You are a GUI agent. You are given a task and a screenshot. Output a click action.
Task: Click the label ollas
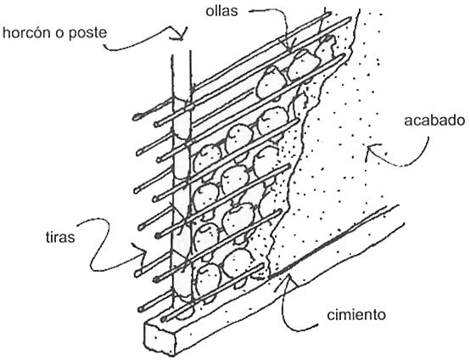[x=221, y=11]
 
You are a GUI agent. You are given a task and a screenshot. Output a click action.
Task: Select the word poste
[x=88, y=33]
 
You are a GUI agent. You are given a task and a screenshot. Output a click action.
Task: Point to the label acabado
[x=434, y=120]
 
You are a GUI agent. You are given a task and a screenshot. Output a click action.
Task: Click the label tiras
[x=60, y=237]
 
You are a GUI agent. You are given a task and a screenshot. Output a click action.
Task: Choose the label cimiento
[x=356, y=315]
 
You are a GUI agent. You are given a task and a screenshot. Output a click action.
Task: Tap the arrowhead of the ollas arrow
[x=288, y=49]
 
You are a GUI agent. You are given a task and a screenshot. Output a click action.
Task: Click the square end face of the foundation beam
[x=159, y=339]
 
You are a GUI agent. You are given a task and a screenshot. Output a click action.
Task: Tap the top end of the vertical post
[x=181, y=53]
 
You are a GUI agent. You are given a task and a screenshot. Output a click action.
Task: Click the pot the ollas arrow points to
[x=303, y=64]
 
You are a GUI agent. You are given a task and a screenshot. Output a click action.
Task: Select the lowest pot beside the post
[x=208, y=279]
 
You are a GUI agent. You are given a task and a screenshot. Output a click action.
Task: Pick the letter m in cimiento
[x=346, y=316]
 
